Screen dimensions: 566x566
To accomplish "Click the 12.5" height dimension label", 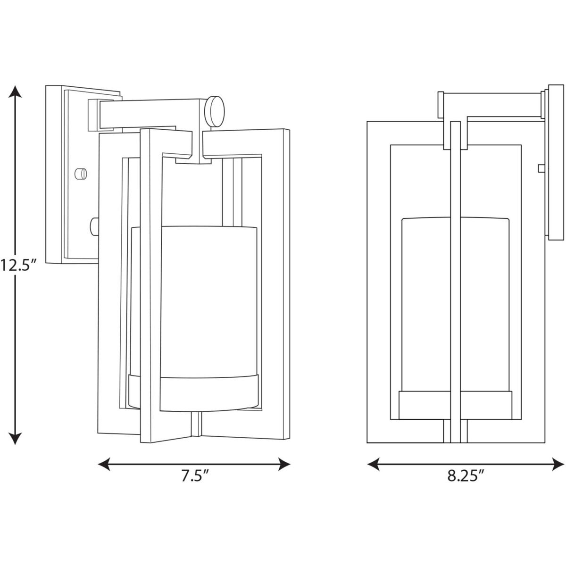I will coord(18,266).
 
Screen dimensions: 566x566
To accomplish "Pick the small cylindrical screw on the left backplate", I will coord(81,173).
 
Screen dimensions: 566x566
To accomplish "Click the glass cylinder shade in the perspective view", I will coord(209,297).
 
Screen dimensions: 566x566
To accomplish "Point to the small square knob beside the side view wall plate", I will coord(541,167).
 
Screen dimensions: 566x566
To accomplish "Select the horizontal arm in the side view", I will coord(491,105).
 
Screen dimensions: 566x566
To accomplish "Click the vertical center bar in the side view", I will coord(455,283).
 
